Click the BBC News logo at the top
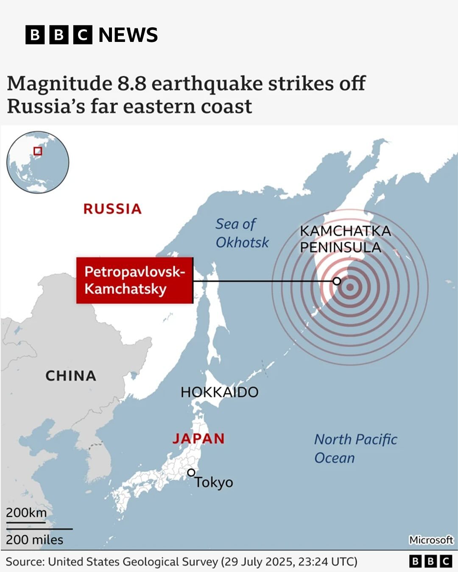point(91,35)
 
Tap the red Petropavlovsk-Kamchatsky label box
point(134,280)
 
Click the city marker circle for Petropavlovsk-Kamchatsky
point(337,281)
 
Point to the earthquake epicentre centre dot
point(350,287)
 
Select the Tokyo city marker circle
point(191,472)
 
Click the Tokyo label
point(214,482)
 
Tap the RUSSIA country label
point(112,209)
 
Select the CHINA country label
point(71,376)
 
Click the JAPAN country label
point(198,439)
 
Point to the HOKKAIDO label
point(219,392)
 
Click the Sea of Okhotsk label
point(242,233)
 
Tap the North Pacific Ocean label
point(355,448)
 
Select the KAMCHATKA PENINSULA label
point(345,239)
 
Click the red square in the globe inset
point(38,151)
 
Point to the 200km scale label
point(26,513)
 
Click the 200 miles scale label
point(34,540)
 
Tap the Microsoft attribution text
point(431,540)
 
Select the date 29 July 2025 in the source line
point(257,562)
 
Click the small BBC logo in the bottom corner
point(430,561)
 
